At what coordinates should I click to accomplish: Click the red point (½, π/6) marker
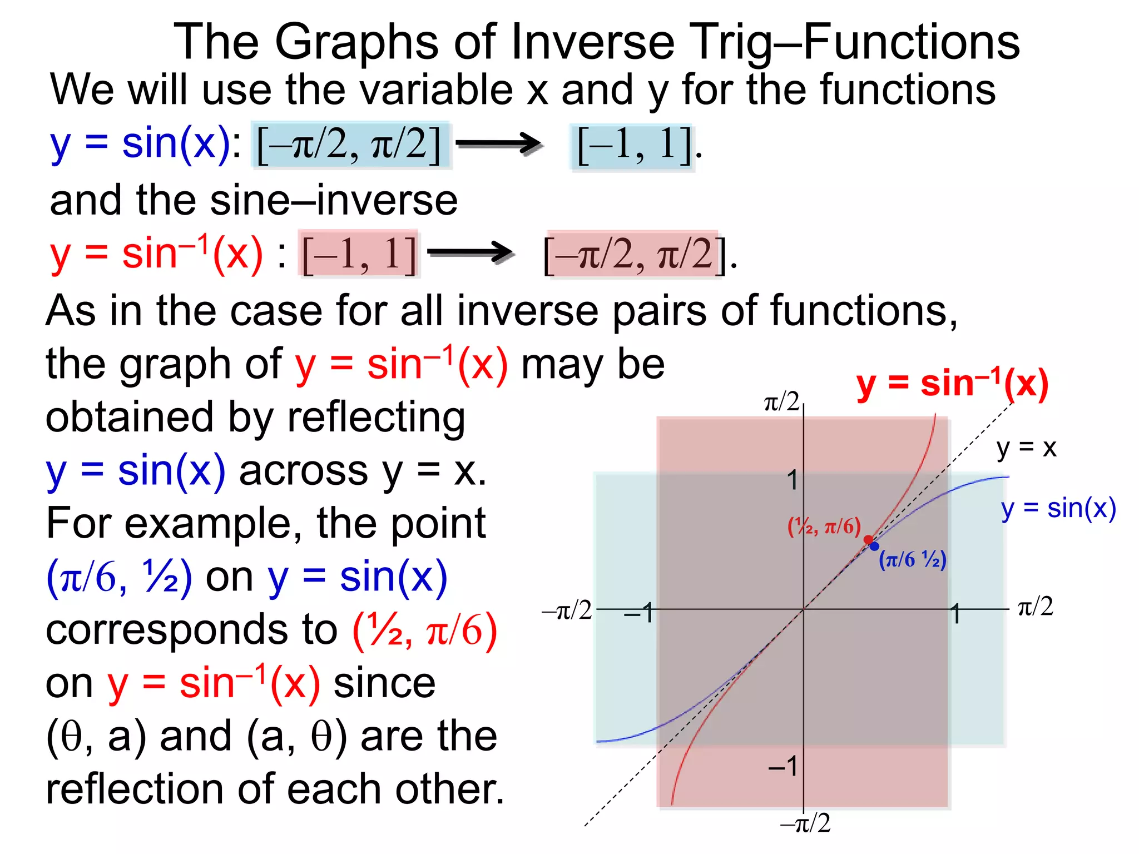pos(868,539)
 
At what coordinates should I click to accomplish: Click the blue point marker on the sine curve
pos(874,546)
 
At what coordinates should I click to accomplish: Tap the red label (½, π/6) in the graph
pos(824,526)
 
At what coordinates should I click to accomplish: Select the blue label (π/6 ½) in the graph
pos(912,559)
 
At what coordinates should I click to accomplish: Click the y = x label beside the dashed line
pos(1026,448)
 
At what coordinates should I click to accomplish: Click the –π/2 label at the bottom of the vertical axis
pos(805,823)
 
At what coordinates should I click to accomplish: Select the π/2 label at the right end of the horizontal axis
pos(1035,606)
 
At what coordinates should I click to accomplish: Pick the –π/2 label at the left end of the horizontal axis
pos(567,610)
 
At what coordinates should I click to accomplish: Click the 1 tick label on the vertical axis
pos(793,480)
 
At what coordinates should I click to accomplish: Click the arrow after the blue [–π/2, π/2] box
pos(498,145)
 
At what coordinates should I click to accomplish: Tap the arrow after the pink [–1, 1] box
pos(470,254)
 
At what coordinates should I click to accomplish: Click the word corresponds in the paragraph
pos(191,630)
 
